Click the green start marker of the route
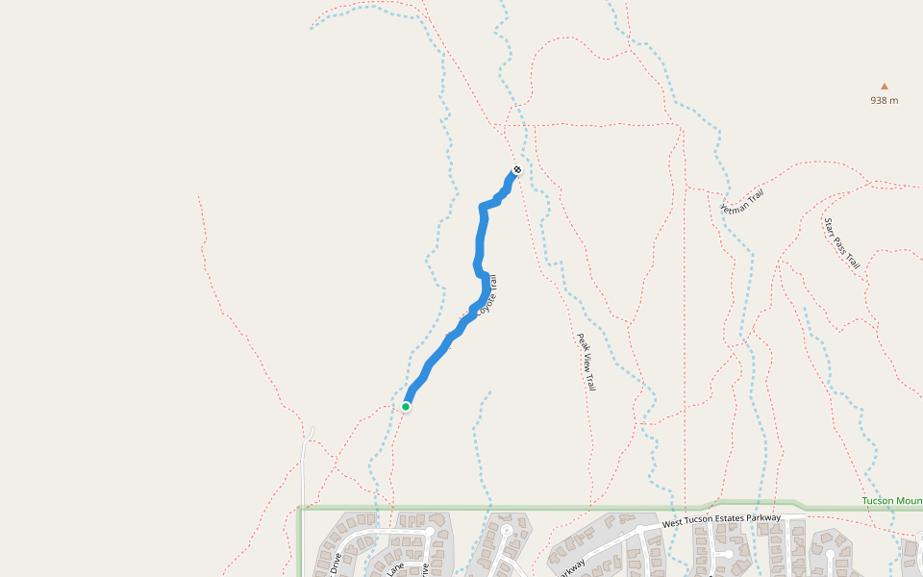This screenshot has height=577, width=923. point(406,407)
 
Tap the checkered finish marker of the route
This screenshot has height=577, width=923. point(517,170)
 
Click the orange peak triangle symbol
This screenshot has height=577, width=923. point(885,86)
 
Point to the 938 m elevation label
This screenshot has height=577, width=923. point(885,100)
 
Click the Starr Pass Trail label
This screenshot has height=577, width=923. point(841,243)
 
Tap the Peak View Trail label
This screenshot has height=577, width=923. point(586,362)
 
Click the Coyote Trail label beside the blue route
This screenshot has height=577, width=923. point(487,296)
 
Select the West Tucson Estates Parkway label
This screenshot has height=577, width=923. point(721,520)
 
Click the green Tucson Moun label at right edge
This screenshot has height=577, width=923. point(891,501)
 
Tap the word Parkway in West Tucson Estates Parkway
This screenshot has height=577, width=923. point(760,517)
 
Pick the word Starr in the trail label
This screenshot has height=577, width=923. point(829,227)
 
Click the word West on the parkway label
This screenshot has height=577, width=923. point(673,526)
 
